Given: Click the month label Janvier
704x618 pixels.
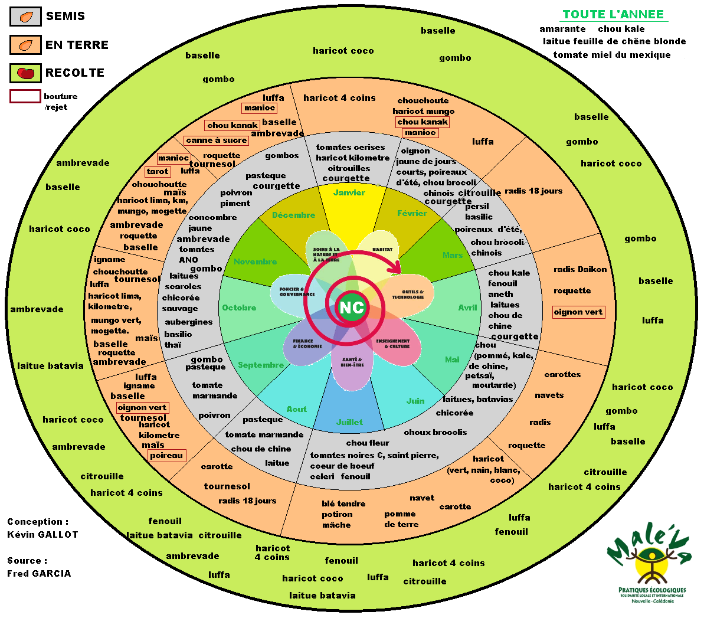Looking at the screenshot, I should click(x=349, y=193).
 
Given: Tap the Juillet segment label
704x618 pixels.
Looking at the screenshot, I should click(x=349, y=422).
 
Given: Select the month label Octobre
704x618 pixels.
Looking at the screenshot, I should click(x=239, y=308).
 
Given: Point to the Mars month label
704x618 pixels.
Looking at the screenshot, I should click(x=453, y=255).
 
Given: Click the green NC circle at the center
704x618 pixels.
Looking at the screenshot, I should click(x=351, y=308).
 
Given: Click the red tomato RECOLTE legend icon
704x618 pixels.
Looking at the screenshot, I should click(x=25, y=73).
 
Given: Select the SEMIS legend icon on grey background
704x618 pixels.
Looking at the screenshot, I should click(x=25, y=17).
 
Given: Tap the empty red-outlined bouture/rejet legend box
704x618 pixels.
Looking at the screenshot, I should click(x=25, y=96).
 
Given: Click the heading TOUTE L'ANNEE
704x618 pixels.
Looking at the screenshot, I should click(x=613, y=15).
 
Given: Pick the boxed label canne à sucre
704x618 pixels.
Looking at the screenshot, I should click(x=216, y=140).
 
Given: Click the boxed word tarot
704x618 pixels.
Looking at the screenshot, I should click(x=158, y=172).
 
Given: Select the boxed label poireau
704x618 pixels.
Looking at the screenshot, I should click(x=166, y=456).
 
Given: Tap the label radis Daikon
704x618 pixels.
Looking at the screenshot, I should click(x=580, y=270).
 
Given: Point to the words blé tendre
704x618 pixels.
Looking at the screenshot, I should click(x=343, y=504).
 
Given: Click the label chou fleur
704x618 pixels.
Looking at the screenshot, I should click(x=368, y=443).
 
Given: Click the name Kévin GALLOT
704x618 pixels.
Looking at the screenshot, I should click(x=42, y=535).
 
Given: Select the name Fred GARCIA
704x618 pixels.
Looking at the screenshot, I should click(x=39, y=574).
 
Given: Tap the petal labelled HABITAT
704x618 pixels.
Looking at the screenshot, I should click(x=382, y=251).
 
